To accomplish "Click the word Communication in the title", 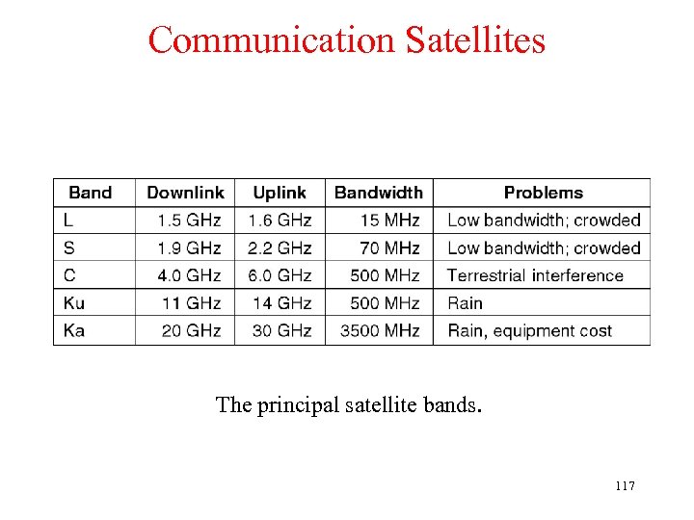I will point(273,40).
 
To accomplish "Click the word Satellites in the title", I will point(475,40).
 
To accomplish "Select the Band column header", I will point(90,193).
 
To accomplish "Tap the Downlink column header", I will point(185,193).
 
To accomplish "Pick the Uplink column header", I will point(280,193).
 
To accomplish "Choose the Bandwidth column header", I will point(379,193).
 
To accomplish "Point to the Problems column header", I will point(544,193).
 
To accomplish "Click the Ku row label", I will point(74,303).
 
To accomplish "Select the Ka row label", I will point(74,330).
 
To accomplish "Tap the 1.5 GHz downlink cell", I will point(190,221).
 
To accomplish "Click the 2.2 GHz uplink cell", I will point(280,248).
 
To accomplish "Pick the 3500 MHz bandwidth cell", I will point(380,330).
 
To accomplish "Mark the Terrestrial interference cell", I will point(535,275).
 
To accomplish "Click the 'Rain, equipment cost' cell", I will point(529,330).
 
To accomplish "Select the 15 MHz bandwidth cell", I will point(389,221).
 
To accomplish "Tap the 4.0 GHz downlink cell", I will point(190,275).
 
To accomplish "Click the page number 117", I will point(624,486).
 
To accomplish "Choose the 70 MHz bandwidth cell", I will point(389,248).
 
